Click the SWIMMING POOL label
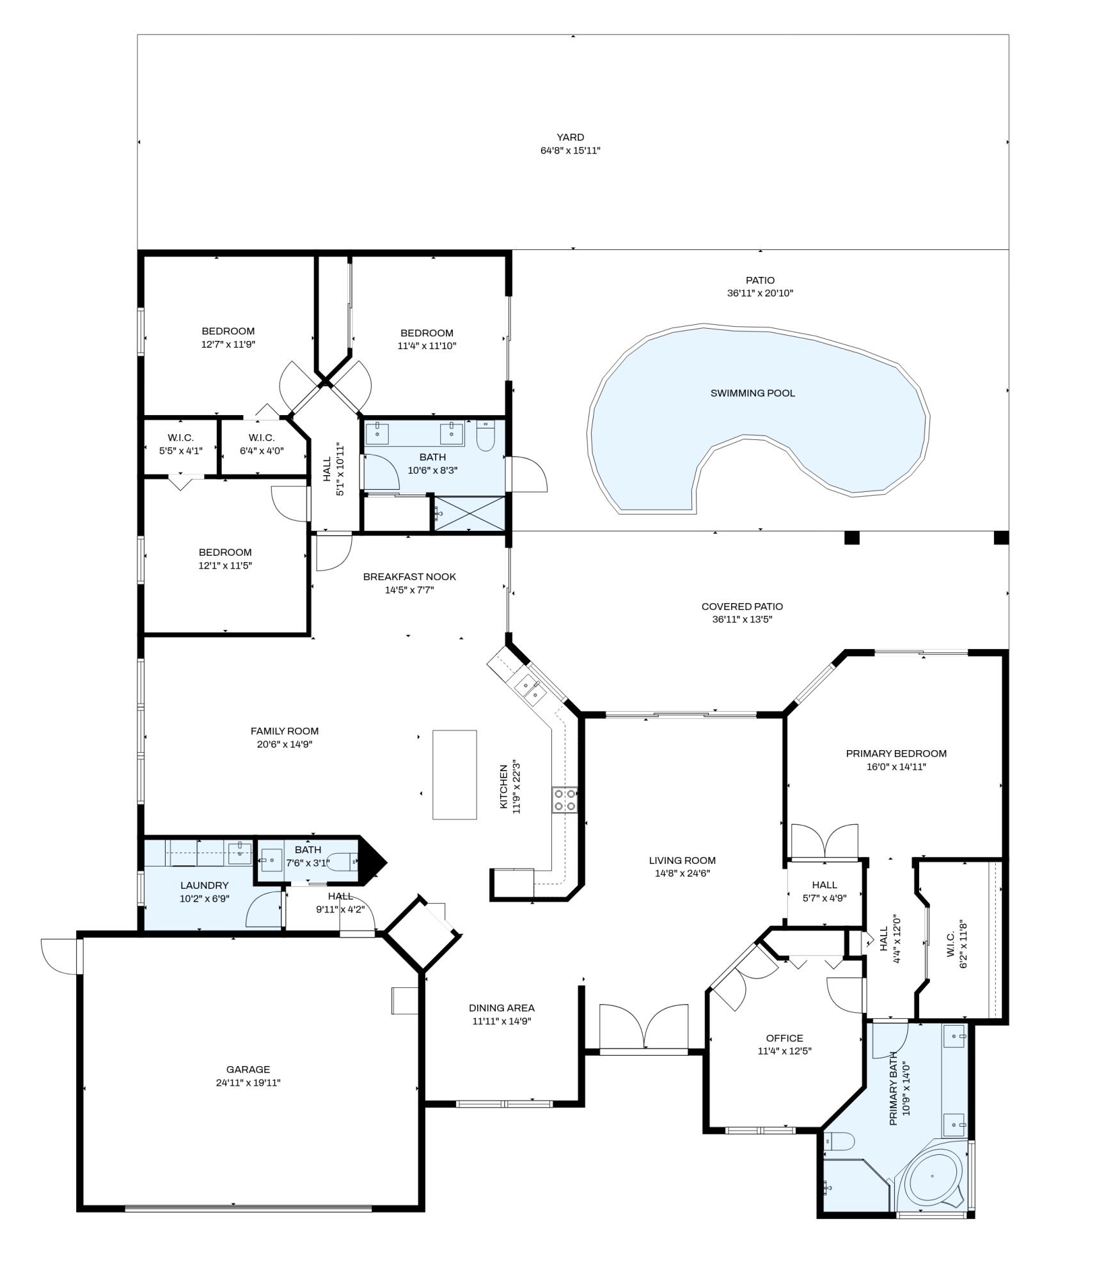tap(752, 393)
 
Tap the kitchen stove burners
tap(564, 800)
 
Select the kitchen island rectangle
tap(454, 774)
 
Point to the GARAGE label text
tap(248, 1069)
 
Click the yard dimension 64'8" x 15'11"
tap(570, 151)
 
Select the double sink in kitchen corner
tap(532, 689)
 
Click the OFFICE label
tap(784, 1038)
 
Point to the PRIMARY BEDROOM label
tap(896, 753)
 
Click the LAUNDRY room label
tap(204, 885)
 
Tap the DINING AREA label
tap(501, 1008)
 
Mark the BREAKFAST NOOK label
tap(409, 577)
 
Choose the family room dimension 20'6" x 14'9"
tap(285, 744)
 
